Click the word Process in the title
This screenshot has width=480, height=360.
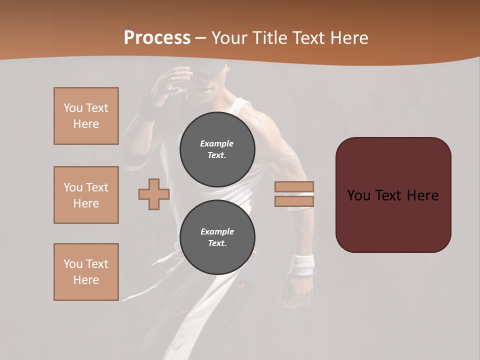click(157, 38)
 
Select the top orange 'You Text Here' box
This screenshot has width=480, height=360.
click(86, 116)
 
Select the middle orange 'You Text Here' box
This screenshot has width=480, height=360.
click(86, 195)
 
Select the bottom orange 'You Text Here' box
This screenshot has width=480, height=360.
click(86, 272)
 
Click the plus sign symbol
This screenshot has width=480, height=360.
click(153, 194)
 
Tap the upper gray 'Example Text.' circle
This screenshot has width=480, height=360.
click(217, 149)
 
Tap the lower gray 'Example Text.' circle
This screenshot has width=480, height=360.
click(217, 237)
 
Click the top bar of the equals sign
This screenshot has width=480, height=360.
click(294, 187)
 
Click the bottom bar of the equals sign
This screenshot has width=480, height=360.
click(294, 201)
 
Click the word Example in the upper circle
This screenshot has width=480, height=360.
click(217, 143)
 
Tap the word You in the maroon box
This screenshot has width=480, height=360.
click(358, 195)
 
